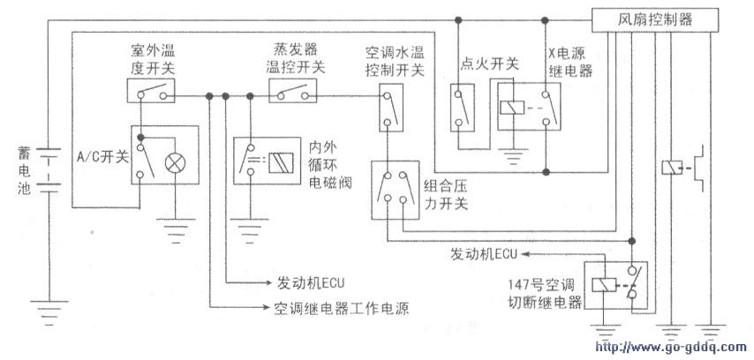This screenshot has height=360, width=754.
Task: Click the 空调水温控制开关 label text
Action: tap(394, 57)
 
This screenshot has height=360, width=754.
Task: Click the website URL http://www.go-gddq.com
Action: tap(672, 347)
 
